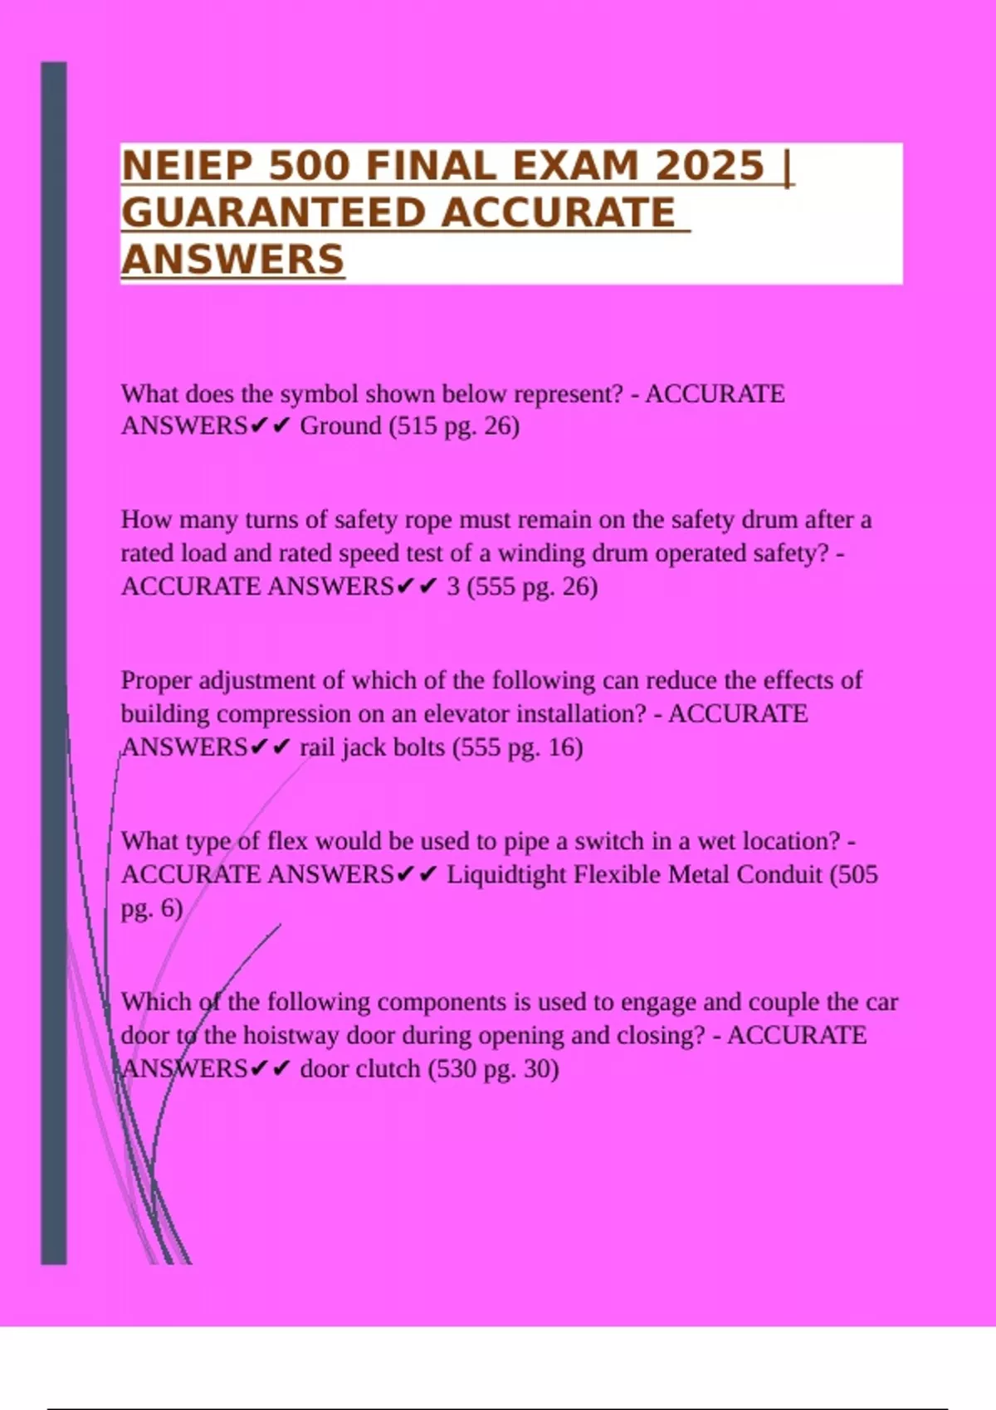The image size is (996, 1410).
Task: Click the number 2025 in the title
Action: pos(710,166)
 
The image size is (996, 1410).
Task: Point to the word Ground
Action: pos(340,426)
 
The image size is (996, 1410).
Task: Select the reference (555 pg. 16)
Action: pos(518,747)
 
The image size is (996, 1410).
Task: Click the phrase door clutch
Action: pos(360,1069)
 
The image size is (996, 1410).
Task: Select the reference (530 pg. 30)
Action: pos(494,1069)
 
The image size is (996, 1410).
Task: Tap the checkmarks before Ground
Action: pos(271,426)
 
